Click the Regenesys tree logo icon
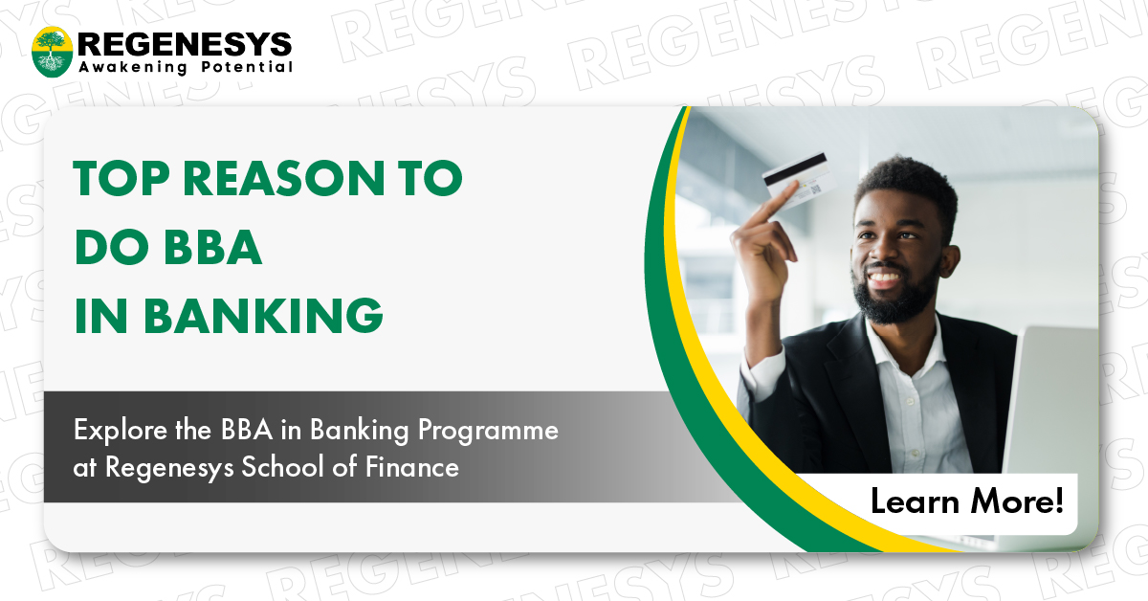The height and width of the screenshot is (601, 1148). pos(53,52)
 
